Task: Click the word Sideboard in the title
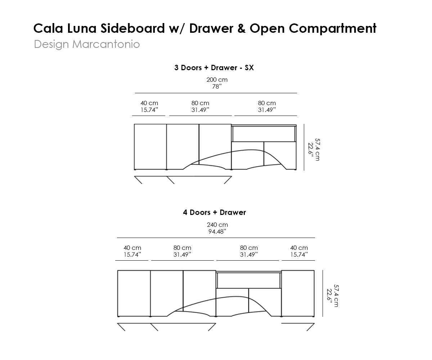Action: pos(132,28)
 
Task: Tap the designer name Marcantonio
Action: pos(106,44)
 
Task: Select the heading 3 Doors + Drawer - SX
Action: pos(214,68)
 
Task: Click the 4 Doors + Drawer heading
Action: pos(214,212)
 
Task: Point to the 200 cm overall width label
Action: pos(217,80)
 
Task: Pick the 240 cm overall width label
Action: pos(217,225)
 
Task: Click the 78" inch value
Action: pos(217,86)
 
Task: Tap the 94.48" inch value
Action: pos(217,231)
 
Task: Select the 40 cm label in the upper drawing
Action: pos(149,103)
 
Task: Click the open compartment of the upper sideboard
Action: pos(264,134)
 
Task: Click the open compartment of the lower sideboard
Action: pos(248,280)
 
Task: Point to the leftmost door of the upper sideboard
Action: pos(150,147)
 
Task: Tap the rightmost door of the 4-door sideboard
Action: pos(298,293)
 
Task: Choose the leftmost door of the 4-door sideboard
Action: pos(134,293)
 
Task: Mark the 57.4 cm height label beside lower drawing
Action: pos(336,296)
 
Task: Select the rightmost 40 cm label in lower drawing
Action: pos(299,248)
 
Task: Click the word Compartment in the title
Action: pos(333,28)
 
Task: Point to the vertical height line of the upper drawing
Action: pos(304,147)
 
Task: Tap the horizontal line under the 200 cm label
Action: pos(216,93)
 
